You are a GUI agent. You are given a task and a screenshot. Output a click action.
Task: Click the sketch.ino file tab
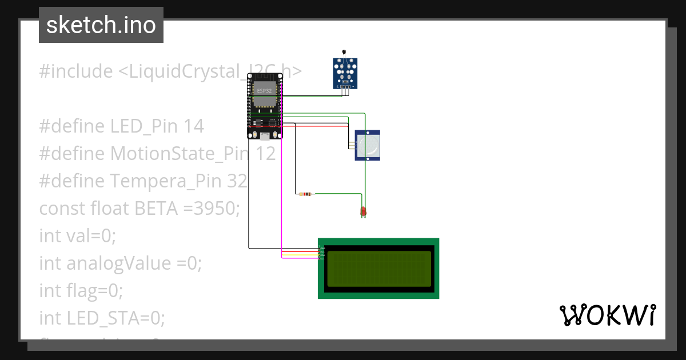101,25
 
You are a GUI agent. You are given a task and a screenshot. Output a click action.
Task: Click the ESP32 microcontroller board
265,106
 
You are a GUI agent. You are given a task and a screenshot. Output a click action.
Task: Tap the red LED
363,212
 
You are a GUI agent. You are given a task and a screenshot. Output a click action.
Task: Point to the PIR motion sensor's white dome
370,145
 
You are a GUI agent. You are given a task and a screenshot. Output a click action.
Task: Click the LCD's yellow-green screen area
378,269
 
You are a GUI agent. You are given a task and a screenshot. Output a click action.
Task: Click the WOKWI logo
607,315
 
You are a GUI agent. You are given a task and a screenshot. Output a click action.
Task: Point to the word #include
76,71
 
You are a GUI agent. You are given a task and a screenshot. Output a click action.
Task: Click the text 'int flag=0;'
81,290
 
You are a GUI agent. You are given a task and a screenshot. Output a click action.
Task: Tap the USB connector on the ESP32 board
265,136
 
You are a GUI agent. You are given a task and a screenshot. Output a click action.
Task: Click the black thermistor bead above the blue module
343,53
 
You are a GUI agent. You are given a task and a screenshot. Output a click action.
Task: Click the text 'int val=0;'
77,235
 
